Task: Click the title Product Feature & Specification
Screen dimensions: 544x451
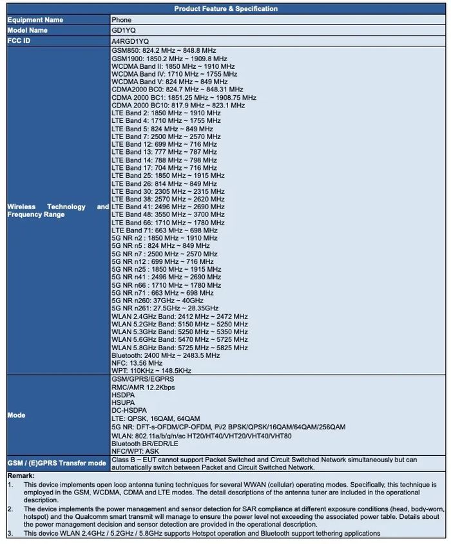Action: [x=225, y=9]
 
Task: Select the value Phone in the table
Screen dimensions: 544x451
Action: [x=121, y=20]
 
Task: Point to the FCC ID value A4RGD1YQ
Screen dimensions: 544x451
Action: [x=130, y=41]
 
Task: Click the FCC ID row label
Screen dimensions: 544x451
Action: [x=19, y=41]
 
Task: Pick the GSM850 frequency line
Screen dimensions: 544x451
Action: [x=164, y=50]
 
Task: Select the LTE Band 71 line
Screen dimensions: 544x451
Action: [x=164, y=230]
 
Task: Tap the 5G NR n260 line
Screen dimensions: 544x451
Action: [x=157, y=301]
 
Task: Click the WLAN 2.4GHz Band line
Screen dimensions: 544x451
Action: [x=179, y=317]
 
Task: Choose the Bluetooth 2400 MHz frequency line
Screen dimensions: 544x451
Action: [x=166, y=355]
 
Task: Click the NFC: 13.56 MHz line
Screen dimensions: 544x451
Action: [x=137, y=363]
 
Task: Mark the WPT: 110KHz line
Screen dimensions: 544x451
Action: [x=151, y=371]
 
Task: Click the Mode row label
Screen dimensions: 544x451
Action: [x=16, y=415]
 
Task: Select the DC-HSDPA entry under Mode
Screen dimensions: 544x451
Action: [x=129, y=411]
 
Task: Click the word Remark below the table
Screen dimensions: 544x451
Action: [x=20, y=475]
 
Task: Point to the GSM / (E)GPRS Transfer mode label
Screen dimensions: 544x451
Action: [x=57, y=464]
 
